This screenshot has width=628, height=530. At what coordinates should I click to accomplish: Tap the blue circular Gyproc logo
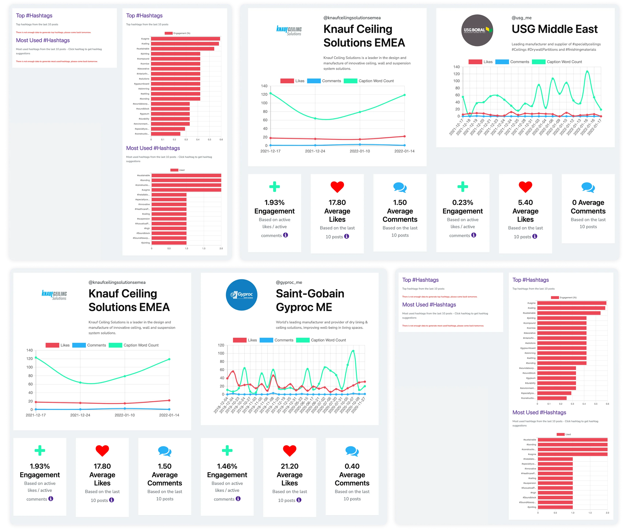point(241,295)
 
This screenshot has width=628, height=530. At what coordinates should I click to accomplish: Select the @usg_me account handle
point(521,18)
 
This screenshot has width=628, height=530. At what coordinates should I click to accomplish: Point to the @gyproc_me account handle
point(289,283)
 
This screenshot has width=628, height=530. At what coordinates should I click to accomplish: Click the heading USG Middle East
point(555,29)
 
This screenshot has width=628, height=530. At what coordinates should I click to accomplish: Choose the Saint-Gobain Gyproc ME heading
point(310,300)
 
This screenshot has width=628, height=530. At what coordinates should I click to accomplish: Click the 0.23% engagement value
point(462,203)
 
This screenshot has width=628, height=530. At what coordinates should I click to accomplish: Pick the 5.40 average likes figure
point(525,203)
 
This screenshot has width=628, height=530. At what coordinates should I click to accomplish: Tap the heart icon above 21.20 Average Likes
point(290,451)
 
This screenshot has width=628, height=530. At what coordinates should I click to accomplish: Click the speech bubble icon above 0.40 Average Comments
point(352,451)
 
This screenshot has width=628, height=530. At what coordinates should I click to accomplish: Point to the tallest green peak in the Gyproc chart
point(353,351)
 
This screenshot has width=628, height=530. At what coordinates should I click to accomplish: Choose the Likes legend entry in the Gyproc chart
point(246,340)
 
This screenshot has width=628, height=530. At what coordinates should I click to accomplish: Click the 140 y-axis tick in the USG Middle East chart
point(456,67)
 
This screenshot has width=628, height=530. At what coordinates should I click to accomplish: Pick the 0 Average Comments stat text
point(588,207)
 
